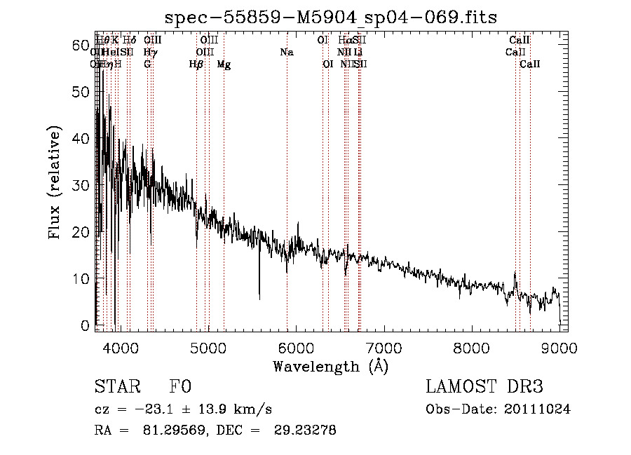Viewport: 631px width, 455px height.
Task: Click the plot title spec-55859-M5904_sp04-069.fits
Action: point(330,17)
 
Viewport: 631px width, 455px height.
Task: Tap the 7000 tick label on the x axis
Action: point(383,348)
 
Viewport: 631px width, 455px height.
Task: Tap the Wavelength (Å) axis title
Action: point(330,365)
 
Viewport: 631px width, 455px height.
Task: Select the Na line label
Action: point(286,53)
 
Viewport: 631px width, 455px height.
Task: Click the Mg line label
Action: point(224,64)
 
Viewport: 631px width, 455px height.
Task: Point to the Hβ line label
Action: point(196,64)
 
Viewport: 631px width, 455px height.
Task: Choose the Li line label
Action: point(358,53)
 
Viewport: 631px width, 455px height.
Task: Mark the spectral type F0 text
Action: point(180,386)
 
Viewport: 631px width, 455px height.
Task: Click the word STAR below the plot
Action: point(116,386)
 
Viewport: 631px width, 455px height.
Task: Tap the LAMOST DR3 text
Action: point(484,386)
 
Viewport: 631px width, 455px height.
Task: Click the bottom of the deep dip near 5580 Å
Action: point(259,299)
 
